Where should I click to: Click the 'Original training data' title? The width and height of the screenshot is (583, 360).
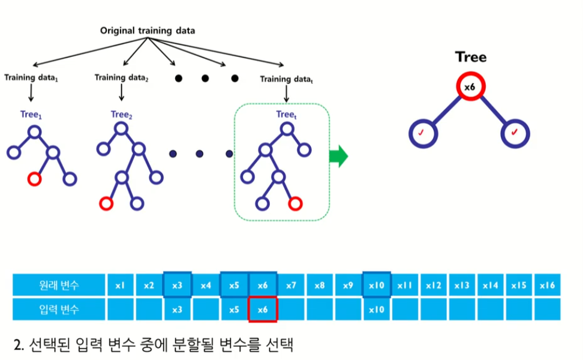[x=147, y=30]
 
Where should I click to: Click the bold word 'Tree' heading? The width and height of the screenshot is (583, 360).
[x=471, y=57]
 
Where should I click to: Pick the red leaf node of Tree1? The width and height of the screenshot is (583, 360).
[x=34, y=179]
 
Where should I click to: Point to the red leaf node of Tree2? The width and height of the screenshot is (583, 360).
[x=106, y=203]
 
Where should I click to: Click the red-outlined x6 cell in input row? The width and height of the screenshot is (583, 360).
[x=263, y=310]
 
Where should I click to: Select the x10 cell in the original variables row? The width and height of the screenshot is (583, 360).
[x=376, y=285]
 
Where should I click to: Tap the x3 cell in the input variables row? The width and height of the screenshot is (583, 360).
[x=177, y=310]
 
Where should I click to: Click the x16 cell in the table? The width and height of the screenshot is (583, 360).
[x=546, y=285]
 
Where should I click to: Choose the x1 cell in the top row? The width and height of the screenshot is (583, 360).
[x=120, y=285]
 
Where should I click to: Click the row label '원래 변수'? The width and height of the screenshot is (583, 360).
[x=58, y=285]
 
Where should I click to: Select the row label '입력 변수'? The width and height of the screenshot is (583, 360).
[x=58, y=310]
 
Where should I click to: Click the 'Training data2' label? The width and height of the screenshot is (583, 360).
[x=122, y=77]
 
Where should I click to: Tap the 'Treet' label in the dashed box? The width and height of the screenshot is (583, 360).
[x=287, y=114]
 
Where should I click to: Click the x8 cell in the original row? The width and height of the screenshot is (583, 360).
[x=319, y=285]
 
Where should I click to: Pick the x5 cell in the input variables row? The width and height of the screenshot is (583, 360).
[x=234, y=310]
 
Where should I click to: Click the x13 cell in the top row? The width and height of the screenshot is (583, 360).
[x=461, y=285]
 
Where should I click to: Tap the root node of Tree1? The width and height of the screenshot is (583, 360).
[x=34, y=131]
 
